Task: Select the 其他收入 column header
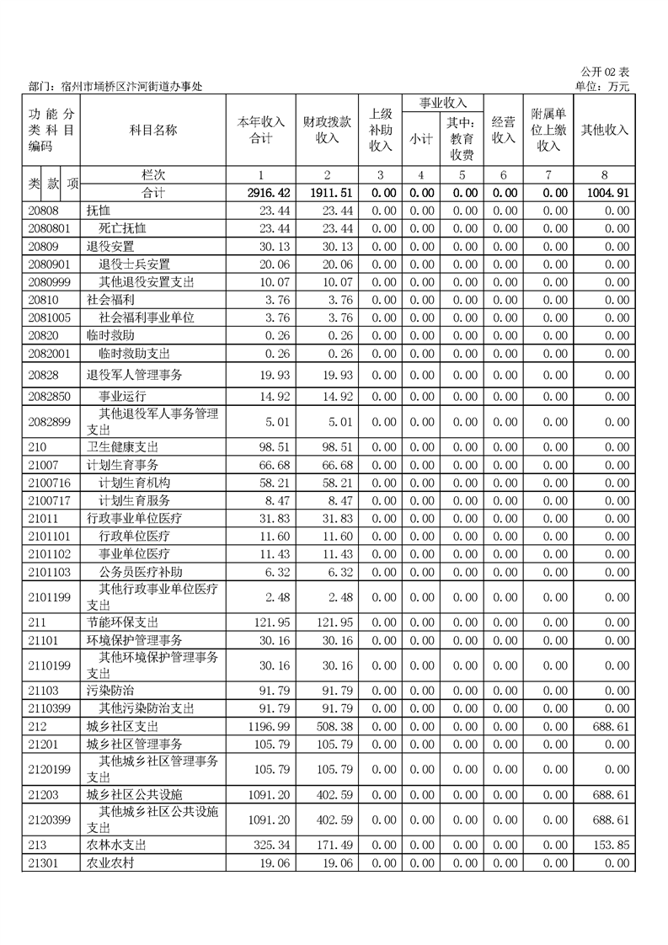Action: (604, 130)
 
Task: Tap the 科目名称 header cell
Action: (152, 130)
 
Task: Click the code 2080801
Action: (48, 228)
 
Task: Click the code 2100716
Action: (48, 483)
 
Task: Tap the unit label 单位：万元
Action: (601, 86)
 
